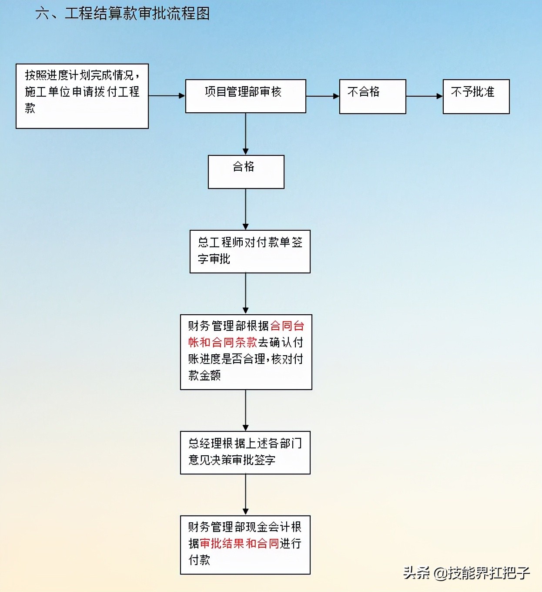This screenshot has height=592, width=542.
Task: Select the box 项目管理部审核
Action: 245,96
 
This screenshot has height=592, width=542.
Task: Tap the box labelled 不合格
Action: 372,96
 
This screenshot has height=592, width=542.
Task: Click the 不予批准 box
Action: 476,96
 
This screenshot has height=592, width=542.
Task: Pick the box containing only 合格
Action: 246,172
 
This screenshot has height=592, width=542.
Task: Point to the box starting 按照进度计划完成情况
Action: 82,96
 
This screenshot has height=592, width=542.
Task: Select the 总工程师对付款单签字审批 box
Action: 250,251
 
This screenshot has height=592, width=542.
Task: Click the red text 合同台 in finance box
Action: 287,326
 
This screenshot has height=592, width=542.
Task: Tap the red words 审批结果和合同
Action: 239,543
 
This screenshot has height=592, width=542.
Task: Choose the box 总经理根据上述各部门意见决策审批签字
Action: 245,452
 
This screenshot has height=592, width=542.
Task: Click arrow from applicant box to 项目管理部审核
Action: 167,96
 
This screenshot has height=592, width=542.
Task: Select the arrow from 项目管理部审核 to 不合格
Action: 322,96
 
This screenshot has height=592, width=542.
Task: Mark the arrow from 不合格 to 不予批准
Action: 424,96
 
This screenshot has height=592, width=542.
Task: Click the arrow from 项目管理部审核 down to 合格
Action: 245,134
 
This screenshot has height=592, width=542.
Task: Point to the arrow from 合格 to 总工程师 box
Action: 245,209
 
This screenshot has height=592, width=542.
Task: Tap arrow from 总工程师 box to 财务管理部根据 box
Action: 245,293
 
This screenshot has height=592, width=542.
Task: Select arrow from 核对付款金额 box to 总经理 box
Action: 245,410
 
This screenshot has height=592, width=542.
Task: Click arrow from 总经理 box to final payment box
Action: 245,494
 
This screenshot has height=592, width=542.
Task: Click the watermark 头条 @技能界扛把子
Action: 466,572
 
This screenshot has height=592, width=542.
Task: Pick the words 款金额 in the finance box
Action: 204,375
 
